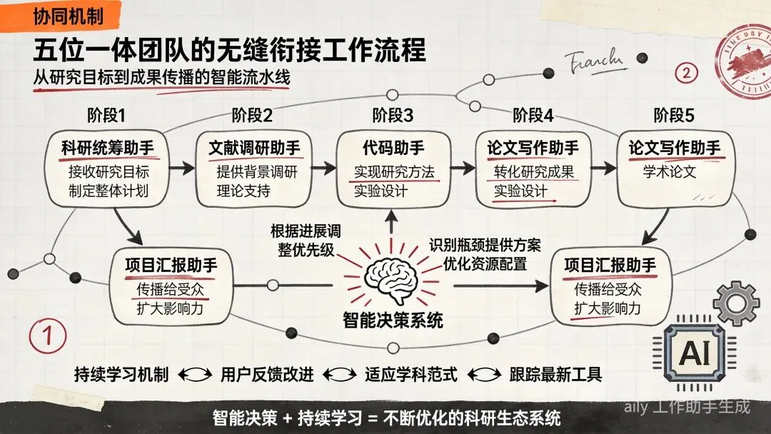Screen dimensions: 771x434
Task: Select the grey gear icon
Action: (x=735, y=303)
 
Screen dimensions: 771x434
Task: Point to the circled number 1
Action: (x=48, y=335)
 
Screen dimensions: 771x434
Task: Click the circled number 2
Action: (x=687, y=72)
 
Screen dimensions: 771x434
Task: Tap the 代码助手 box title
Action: (x=393, y=148)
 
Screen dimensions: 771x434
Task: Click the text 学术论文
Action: (x=670, y=173)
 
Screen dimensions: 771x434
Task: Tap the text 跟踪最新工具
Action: (x=555, y=374)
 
